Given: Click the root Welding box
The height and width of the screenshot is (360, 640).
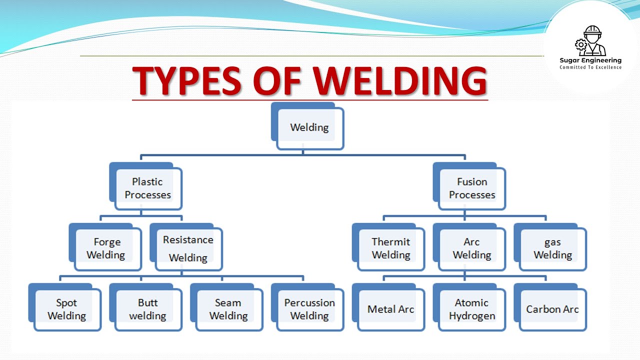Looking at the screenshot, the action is (x=307, y=126).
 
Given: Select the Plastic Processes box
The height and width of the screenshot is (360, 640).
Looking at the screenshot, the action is (x=146, y=186).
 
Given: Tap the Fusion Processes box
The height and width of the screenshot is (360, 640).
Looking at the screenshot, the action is (x=469, y=186).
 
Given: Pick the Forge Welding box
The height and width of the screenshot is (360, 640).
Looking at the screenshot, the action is (x=105, y=247).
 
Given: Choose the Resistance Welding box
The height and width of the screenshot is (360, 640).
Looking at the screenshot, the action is (x=186, y=247).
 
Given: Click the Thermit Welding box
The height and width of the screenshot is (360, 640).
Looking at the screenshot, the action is (x=388, y=247).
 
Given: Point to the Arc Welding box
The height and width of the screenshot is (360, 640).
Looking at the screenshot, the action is (x=469, y=247).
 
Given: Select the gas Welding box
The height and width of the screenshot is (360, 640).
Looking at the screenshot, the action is (x=550, y=247).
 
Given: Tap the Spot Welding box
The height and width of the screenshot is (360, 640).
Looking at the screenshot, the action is (x=65, y=307).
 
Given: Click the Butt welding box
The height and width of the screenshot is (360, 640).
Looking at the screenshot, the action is (x=146, y=307).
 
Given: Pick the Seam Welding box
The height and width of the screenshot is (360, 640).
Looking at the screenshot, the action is (x=227, y=307).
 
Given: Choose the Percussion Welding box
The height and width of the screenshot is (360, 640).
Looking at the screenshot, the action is (x=307, y=307).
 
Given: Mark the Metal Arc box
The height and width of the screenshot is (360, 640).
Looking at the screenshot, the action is (x=388, y=307).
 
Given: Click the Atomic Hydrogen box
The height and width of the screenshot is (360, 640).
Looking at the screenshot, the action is (x=469, y=307).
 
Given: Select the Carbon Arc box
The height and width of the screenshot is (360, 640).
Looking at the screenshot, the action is (x=550, y=307).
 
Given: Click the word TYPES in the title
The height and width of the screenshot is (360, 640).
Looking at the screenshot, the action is (x=187, y=80).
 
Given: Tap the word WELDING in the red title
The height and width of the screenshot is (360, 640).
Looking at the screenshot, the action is (x=399, y=80).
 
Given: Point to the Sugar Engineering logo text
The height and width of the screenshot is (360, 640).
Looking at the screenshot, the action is (x=590, y=60).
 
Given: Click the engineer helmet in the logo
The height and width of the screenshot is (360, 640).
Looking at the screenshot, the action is (x=592, y=30).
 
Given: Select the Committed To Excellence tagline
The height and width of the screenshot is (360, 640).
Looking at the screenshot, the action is (x=590, y=67).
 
